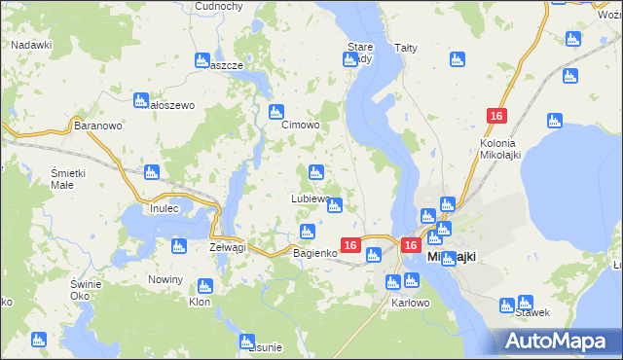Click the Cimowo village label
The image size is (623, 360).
click(301, 126)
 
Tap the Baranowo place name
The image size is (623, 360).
click(97, 126)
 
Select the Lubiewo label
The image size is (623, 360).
click(311, 198)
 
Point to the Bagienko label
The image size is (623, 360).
click(315, 253)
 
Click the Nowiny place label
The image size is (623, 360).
click(165, 279)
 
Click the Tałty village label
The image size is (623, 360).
click(406, 47)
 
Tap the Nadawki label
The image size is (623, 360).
click(31, 45)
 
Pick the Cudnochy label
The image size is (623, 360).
click(218, 6)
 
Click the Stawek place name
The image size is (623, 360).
click(534, 313)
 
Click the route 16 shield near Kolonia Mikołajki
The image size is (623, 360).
click(496, 117)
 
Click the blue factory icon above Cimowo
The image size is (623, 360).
click(276, 111)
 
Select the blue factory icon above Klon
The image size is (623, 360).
click(204, 286)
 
